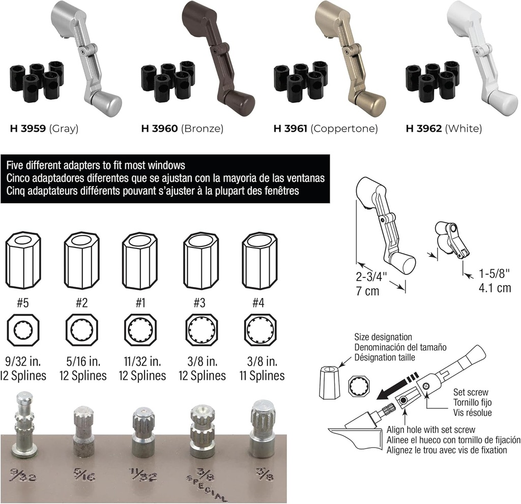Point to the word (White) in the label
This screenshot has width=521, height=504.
click(463, 129)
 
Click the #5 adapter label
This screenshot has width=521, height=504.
click(22, 303)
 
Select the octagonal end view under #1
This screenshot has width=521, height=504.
click(140, 330)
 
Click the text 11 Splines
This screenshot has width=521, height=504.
click(262, 376)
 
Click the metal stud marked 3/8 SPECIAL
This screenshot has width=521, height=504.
click(202, 431)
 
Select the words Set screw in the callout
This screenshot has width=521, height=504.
click(471, 393)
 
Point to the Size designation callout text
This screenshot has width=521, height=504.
click(383, 337)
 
